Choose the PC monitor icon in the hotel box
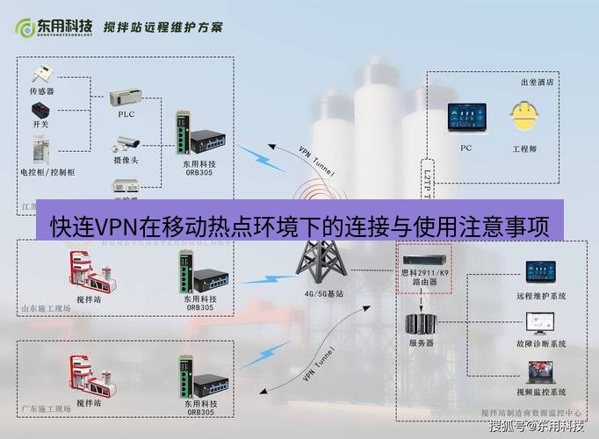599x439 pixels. point(465,118)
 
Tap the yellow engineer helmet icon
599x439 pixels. point(523,116)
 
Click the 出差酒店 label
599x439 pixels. point(538,83)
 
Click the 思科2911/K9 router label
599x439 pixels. point(424,277)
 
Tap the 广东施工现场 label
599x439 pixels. point(43,408)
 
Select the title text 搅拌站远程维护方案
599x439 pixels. point(163,26)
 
